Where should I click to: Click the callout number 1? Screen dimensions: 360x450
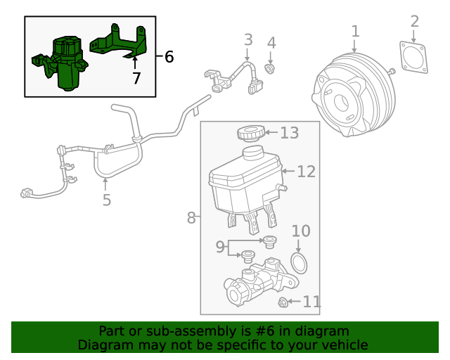[x=355, y=31]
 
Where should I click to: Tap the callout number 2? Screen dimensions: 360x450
[x=414, y=22]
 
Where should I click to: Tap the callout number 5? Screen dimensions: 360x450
[x=106, y=200]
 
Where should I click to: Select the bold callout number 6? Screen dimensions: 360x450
[x=169, y=56]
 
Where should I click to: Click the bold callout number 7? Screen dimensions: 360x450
[x=136, y=78]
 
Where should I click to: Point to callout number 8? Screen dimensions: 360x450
[x=191, y=218]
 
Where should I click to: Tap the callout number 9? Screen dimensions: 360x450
[x=220, y=247]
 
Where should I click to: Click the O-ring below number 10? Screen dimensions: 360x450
[x=300, y=264]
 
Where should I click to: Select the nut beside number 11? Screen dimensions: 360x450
[x=284, y=302]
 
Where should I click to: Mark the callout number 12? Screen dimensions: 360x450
[x=306, y=171]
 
